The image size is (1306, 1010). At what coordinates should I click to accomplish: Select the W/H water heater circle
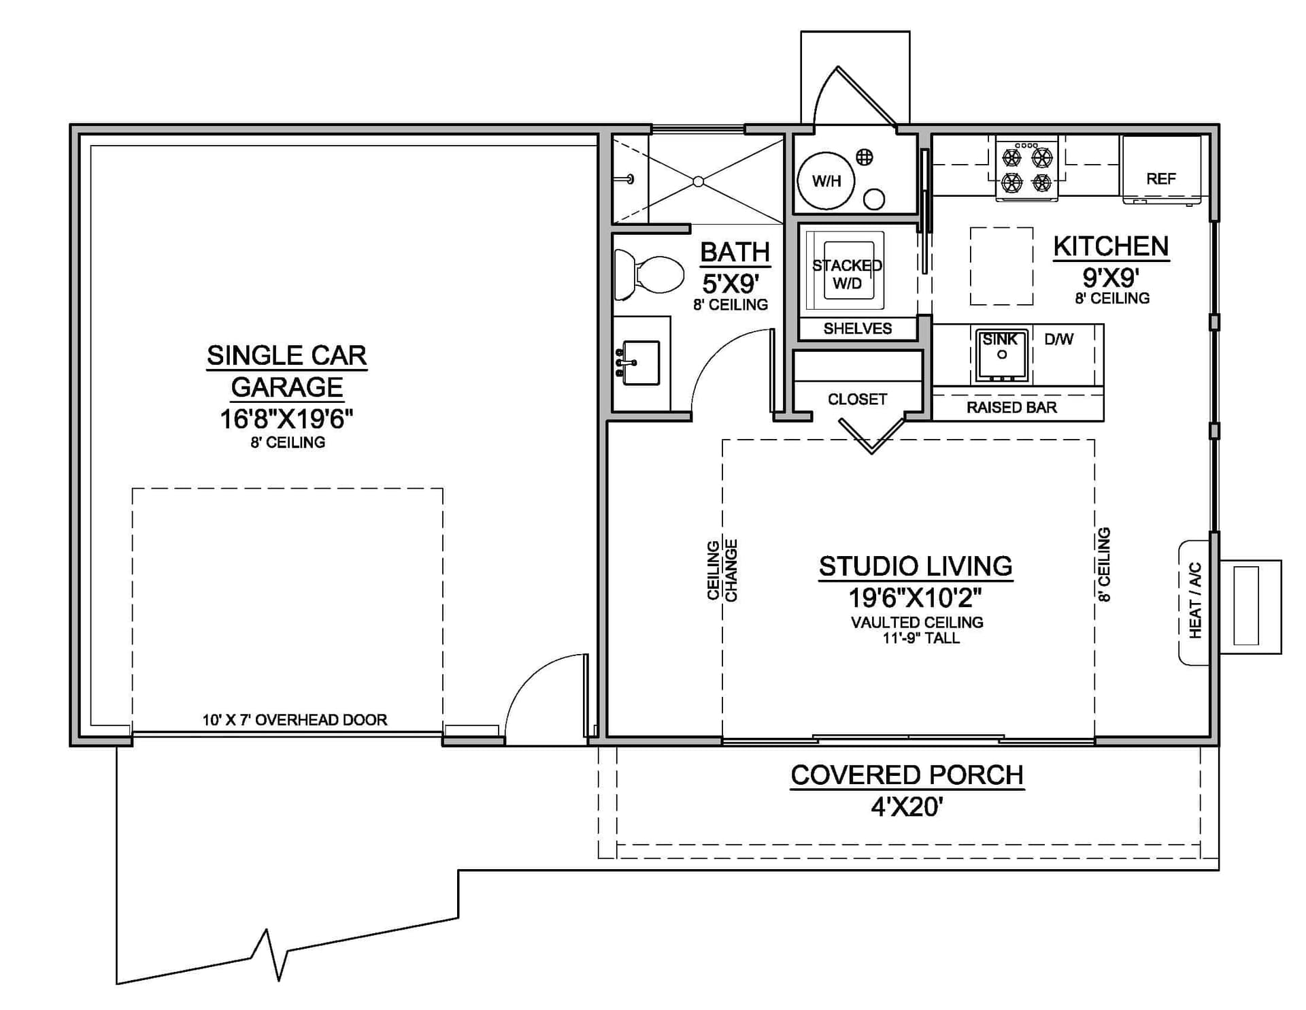pos(826,180)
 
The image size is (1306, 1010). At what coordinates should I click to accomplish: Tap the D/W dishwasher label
pos(1059,339)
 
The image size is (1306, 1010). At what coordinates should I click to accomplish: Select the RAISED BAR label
pos(1011,407)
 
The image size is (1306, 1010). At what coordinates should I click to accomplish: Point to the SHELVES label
pos(858,329)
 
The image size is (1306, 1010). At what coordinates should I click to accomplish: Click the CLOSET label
pos(857,399)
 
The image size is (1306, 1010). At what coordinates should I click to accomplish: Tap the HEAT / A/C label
pos(1195,600)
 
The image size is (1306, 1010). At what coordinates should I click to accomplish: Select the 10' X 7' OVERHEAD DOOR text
pos(295,719)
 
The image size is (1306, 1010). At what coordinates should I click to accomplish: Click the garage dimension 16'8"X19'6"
pos(286,419)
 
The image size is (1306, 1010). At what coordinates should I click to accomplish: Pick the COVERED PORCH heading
pos(907,775)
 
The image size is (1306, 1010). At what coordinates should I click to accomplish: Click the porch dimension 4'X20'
pos(907,807)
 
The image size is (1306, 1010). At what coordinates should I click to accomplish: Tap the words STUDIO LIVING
pos(916,566)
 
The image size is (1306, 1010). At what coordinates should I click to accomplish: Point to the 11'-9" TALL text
pos(921,638)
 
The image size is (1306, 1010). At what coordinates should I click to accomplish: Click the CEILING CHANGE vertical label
pos(722,570)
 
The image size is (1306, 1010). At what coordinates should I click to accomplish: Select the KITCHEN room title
pos(1111,246)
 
